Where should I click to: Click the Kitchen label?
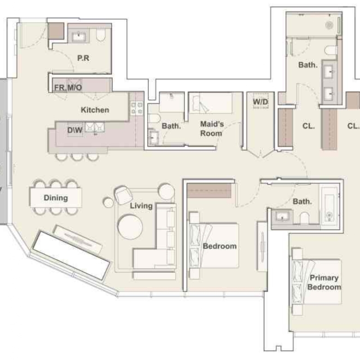click(x=95, y=110)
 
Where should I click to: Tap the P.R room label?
click(x=83, y=58)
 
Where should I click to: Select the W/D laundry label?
click(x=261, y=102)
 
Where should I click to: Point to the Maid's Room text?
click(x=212, y=129)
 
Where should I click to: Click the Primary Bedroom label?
click(x=324, y=282)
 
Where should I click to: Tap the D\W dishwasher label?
click(x=75, y=130)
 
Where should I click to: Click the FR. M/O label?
click(x=68, y=88)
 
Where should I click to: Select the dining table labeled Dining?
click(x=56, y=198)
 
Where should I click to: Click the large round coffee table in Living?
click(x=130, y=227)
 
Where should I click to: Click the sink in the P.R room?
click(x=79, y=36)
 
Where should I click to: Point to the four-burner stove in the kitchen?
click(x=137, y=108)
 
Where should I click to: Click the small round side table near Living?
click(x=108, y=203)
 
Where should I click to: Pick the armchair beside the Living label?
click(x=123, y=195)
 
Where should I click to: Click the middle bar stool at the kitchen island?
click(x=77, y=157)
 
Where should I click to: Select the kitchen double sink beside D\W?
click(x=95, y=127)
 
